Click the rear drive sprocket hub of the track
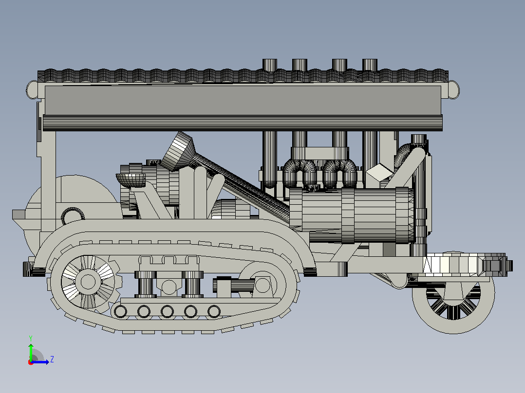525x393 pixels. [x=88, y=282]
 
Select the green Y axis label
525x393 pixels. [x=31, y=339]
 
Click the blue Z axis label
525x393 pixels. [x=52, y=359]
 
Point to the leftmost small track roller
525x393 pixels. [x=121, y=312]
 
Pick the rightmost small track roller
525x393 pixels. [x=214, y=312]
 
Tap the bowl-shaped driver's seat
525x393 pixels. [x=131, y=180]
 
